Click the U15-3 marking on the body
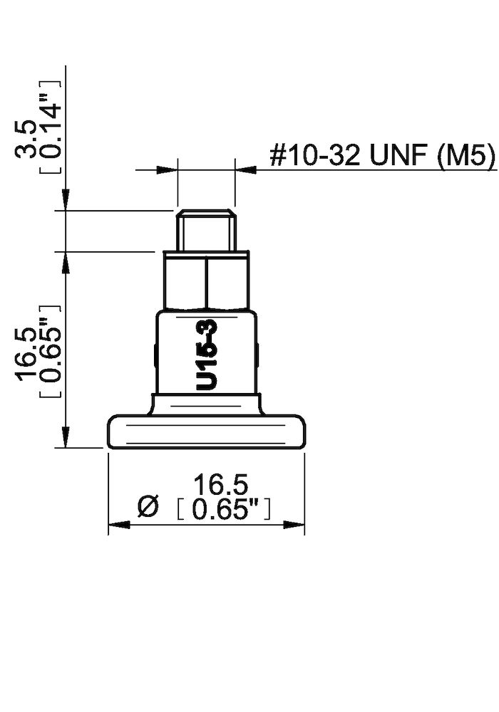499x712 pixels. coord(207,355)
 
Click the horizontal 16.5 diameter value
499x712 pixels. coord(221,486)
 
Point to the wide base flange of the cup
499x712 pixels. coord(207,432)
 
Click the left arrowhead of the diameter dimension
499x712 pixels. coord(118,525)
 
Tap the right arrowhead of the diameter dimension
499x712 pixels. coord(294,525)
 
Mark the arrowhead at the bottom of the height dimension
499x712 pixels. coord(66,437)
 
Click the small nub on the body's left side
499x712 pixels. coord(155,354)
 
